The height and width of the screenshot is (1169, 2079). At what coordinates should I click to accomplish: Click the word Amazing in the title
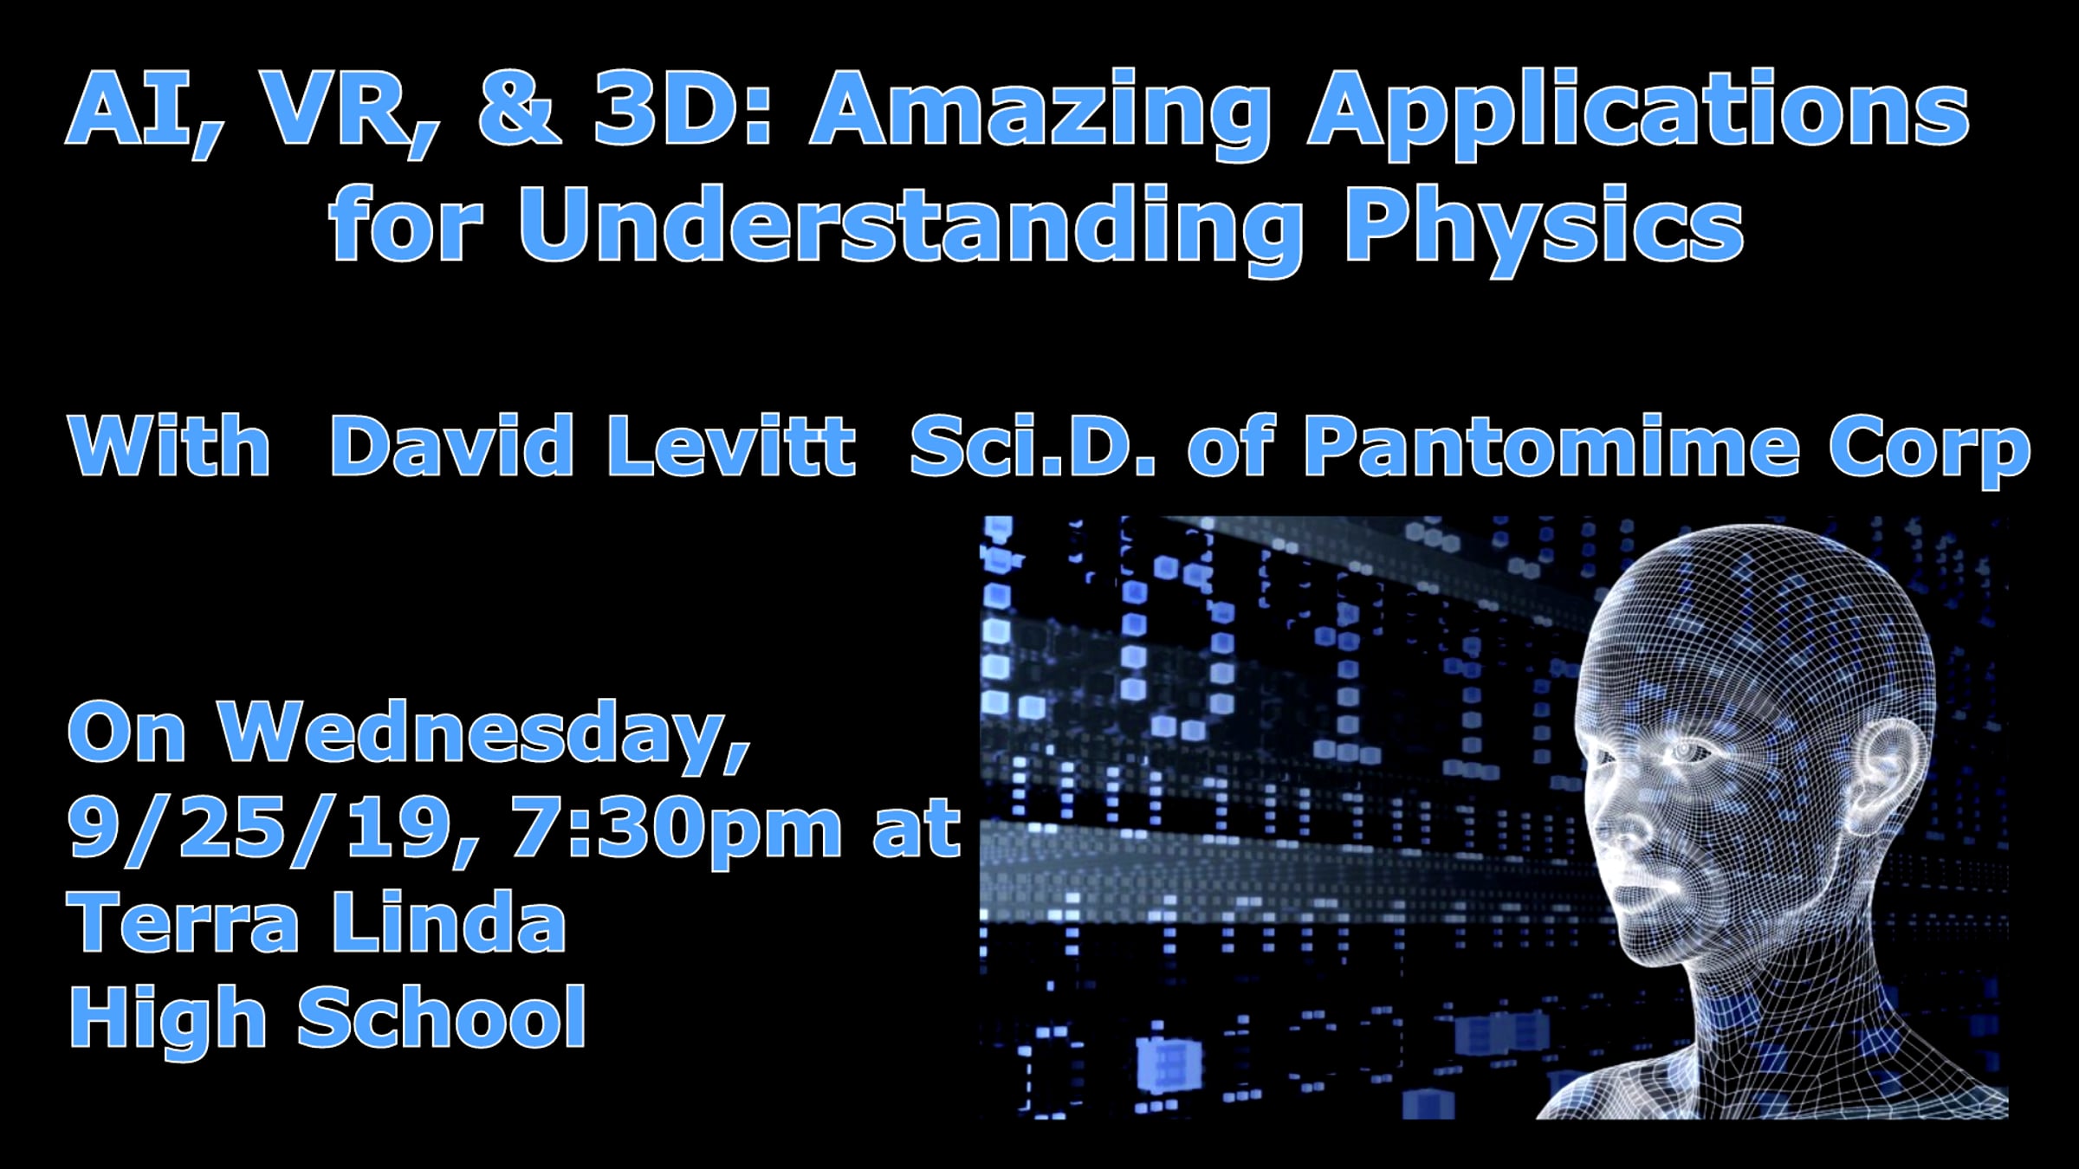coord(1040,113)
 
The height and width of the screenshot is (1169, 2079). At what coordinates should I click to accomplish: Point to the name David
coord(451,445)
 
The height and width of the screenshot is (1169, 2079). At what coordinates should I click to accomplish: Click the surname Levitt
coord(733,445)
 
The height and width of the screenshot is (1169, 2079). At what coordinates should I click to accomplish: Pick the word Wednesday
coord(483,734)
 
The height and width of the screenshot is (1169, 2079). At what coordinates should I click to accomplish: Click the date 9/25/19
coord(274,829)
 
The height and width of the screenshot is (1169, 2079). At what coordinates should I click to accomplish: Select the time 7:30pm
coord(677,830)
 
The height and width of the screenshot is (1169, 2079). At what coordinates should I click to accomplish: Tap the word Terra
coord(183,921)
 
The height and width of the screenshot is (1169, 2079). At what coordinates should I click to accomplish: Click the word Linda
coord(449,921)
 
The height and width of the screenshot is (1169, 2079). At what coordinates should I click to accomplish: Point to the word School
coord(442,1017)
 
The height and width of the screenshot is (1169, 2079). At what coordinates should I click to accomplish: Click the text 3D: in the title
coord(682,109)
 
